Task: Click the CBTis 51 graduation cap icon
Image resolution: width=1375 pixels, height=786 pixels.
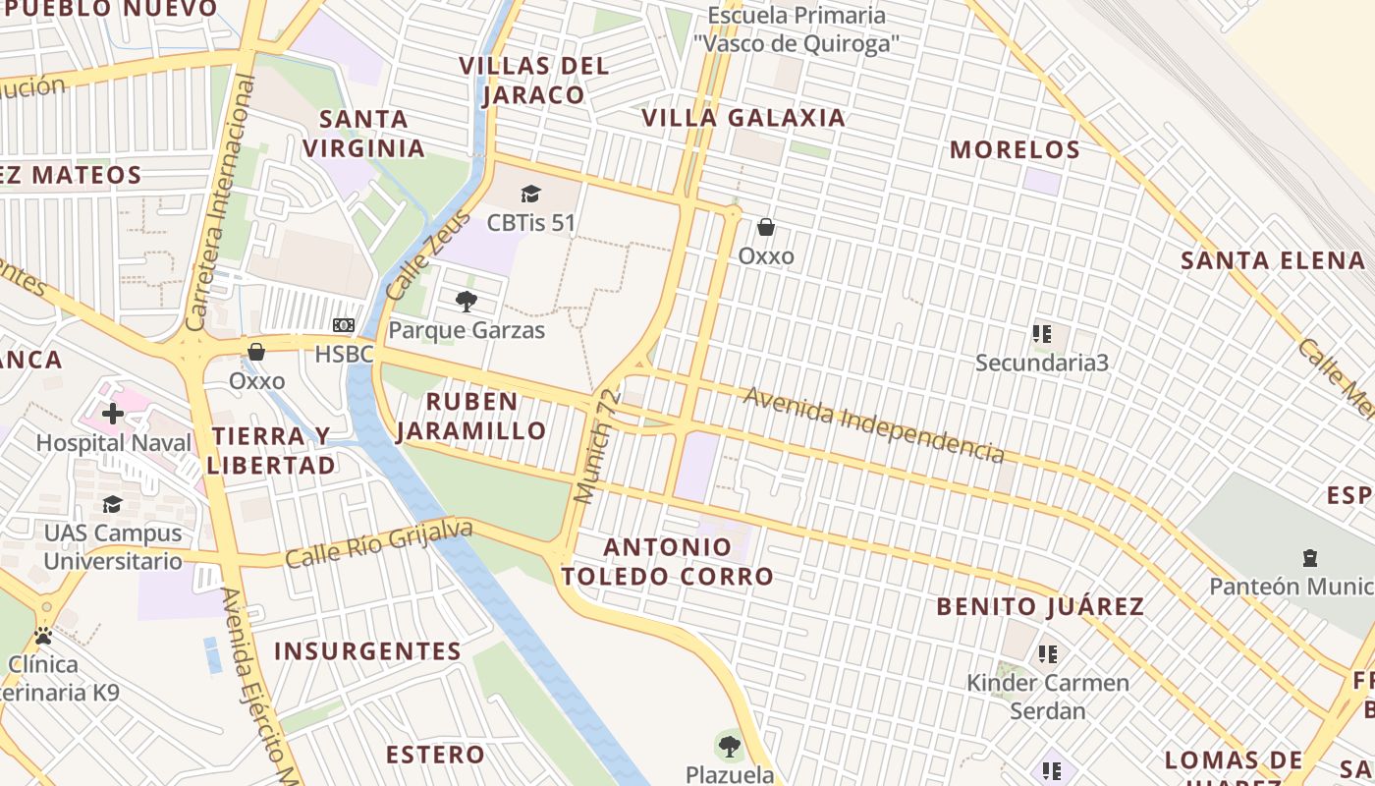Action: [x=530, y=194]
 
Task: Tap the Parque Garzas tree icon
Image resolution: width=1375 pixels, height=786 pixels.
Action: [x=467, y=301]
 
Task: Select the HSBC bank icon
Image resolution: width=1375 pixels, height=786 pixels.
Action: [x=344, y=325]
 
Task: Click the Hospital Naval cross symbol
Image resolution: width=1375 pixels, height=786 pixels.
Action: [x=113, y=414]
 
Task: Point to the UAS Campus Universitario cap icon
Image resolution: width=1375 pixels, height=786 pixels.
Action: [x=112, y=504]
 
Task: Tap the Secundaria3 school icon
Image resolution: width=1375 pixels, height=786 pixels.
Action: [x=1042, y=334]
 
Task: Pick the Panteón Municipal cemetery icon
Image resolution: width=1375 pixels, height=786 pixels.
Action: [x=1309, y=558]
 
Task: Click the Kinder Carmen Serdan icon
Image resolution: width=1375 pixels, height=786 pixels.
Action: [x=1048, y=653]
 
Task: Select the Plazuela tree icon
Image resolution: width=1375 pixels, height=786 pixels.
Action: [x=729, y=747]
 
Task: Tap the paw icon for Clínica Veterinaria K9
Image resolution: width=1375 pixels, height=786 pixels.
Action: [x=43, y=636]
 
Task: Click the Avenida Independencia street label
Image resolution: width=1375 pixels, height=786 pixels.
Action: [x=873, y=424]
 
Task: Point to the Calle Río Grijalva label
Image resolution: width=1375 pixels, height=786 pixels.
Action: [x=378, y=543]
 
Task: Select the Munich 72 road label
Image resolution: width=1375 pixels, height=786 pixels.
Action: [x=598, y=446]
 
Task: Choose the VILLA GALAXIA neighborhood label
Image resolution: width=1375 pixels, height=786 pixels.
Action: [x=742, y=118]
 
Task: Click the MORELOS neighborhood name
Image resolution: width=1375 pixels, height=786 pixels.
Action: [x=1016, y=150]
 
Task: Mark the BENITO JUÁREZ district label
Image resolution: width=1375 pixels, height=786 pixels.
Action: [x=1040, y=606]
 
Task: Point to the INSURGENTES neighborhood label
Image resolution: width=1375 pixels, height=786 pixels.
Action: [x=367, y=651]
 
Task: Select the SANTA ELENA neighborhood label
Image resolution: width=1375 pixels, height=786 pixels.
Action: [x=1273, y=260]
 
